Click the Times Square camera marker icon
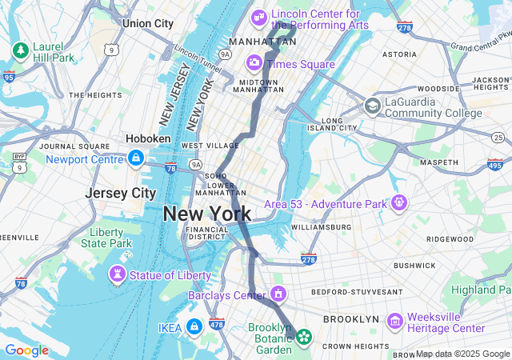(254, 62)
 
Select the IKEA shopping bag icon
(194, 326)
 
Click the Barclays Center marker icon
(278, 295)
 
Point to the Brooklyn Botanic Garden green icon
(304, 337)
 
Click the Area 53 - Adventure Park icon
(398, 204)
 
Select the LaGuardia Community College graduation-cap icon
(372, 106)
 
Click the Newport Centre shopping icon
(135, 158)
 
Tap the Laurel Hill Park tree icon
(20, 51)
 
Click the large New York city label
(207, 214)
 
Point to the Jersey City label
(121, 193)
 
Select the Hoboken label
(148, 138)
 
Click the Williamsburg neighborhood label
(321, 227)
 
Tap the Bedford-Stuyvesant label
(357, 292)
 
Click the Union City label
(147, 24)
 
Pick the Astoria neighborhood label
(399, 54)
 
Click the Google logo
(26, 350)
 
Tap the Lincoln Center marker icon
(259, 17)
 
